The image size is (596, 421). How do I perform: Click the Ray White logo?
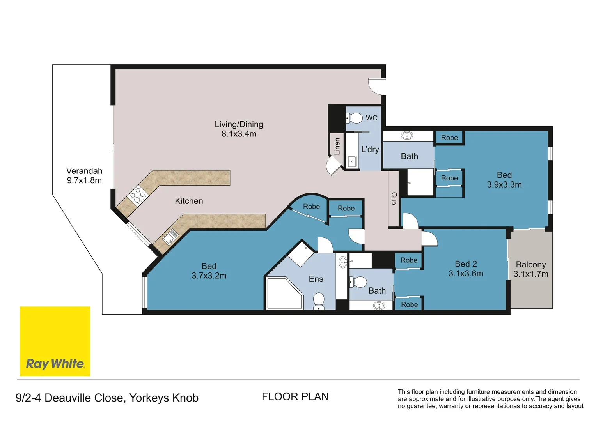tap(55, 341)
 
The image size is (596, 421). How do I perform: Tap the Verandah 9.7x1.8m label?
tap(84, 175)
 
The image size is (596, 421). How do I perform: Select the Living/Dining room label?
tap(239, 129)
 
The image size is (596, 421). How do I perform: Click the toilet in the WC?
tap(355, 118)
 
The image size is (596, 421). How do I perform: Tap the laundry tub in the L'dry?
tap(352, 161)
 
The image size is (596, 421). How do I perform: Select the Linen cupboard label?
tap(337, 146)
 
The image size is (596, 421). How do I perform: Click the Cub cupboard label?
tap(394, 198)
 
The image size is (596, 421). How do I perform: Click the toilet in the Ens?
tap(319, 301)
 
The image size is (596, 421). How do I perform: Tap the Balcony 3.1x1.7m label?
tap(530, 269)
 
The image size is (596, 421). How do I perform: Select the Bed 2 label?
tap(466, 269)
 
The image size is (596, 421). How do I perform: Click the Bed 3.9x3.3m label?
tap(504, 180)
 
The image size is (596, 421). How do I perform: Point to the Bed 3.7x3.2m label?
tap(209, 271)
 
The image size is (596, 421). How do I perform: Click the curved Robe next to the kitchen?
tap(311, 207)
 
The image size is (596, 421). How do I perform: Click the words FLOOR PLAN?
tap(295, 397)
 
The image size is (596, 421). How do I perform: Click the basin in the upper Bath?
tap(407, 135)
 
